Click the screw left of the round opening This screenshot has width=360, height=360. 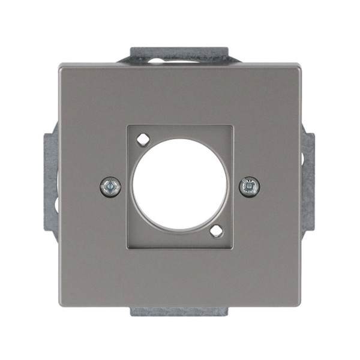click(x=110, y=187)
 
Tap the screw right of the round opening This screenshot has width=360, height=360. click(x=249, y=187)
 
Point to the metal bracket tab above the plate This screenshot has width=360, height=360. click(x=180, y=55)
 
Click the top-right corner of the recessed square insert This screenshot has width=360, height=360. click(x=232, y=127)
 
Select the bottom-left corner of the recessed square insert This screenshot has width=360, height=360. click(x=128, y=248)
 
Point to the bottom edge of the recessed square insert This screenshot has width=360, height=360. click(x=179, y=248)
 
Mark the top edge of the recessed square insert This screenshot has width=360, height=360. click(x=179, y=127)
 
